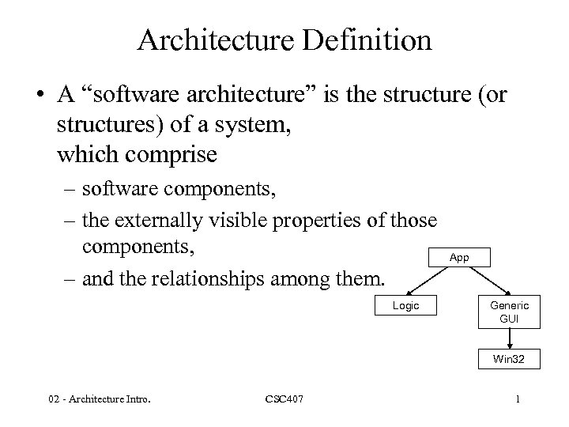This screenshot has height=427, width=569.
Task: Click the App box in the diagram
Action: pyautogui.click(x=458, y=258)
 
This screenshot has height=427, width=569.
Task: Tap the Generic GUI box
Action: pyautogui.click(x=510, y=312)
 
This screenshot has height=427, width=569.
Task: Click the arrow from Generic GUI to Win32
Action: pyautogui.click(x=510, y=338)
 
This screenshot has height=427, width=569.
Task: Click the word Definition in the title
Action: pyautogui.click(x=367, y=40)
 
